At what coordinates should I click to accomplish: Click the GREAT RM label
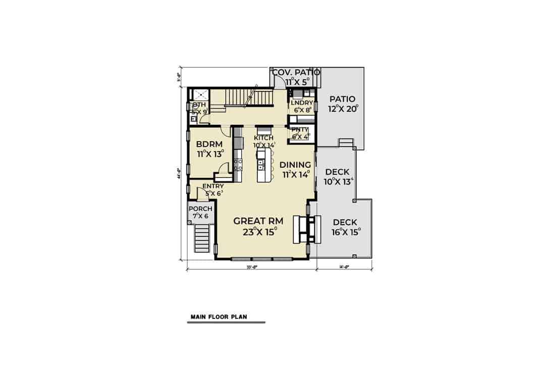[258, 221]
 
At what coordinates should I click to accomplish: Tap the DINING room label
[295, 164]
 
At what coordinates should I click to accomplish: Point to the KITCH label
[263, 138]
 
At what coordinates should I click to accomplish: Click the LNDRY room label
[302, 103]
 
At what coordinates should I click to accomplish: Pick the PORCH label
[200, 209]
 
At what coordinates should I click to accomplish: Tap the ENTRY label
[213, 186]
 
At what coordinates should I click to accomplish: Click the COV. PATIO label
[296, 72]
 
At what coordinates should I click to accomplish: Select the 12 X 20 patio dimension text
[342, 110]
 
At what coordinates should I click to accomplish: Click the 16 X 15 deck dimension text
[345, 232]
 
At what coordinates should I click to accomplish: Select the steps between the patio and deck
[346, 143]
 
